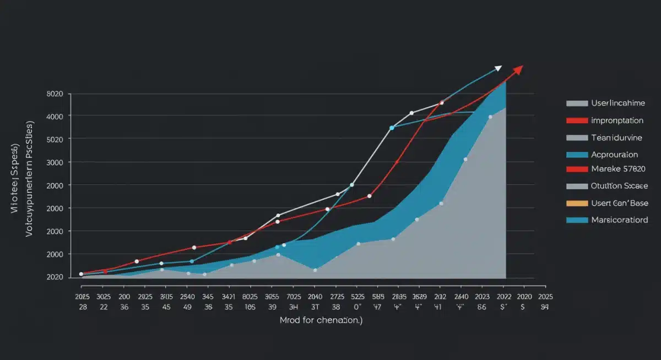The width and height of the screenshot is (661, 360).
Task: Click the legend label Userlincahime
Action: (x=617, y=103)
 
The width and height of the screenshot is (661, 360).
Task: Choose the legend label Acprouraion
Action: (x=614, y=155)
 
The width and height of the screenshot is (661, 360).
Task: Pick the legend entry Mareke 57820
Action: (x=617, y=169)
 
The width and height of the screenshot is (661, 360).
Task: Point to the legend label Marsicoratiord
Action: (x=619, y=220)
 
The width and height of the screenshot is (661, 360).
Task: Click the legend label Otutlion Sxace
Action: (x=619, y=186)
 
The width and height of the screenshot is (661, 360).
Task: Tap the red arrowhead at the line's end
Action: (x=518, y=69)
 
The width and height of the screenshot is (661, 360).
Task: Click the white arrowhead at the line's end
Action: (x=498, y=68)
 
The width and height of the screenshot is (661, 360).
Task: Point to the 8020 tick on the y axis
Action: (x=55, y=94)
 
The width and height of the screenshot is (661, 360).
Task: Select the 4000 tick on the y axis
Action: (x=55, y=116)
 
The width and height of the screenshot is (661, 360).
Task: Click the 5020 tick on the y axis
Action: (x=55, y=139)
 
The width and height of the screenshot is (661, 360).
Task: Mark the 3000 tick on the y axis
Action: (x=55, y=162)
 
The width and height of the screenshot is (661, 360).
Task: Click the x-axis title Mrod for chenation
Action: (x=321, y=321)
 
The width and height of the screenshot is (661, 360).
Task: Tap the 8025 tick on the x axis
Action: (x=250, y=296)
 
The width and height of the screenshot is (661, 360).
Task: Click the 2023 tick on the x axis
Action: (x=481, y=296)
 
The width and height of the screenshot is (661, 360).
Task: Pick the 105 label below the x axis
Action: (x=250, y=307)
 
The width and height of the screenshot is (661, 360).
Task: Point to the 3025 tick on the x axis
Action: (x=104, y=296)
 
